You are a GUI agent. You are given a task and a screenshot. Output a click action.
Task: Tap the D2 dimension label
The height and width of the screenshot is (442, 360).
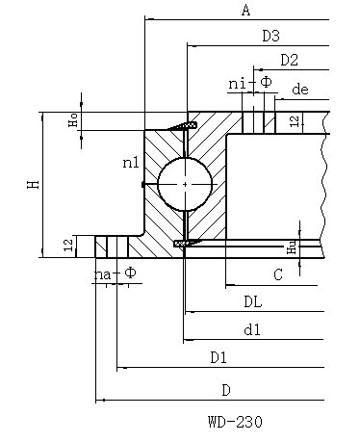289,60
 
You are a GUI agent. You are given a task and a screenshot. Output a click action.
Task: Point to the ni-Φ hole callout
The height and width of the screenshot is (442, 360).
249,84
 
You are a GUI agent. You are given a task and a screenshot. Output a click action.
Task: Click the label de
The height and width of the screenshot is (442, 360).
299,90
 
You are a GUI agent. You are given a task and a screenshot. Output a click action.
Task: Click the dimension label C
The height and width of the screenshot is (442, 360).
277,275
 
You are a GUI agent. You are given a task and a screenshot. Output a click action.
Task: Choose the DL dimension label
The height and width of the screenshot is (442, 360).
253,302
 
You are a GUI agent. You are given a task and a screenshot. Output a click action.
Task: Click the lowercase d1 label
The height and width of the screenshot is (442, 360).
253,330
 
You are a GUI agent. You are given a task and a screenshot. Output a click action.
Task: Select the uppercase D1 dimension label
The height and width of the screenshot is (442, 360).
219,357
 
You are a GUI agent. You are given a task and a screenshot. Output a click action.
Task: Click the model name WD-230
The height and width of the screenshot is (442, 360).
234,421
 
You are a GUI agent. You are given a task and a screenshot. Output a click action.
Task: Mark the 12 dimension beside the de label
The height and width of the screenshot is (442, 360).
295,120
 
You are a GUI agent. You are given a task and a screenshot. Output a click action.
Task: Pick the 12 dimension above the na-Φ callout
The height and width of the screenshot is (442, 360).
67,247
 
